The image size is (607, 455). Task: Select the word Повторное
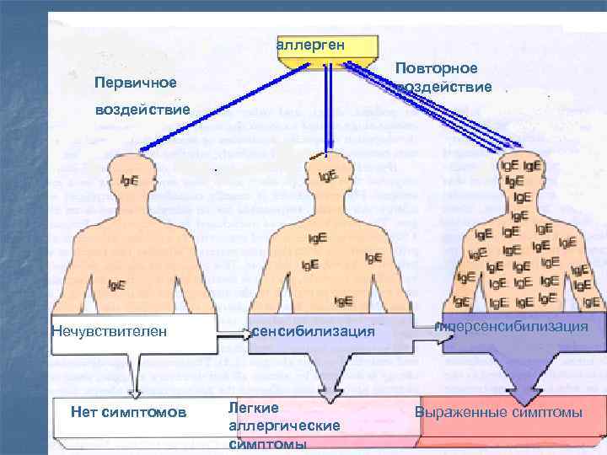click(x=436, y=67)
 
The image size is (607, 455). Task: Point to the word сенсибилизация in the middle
click(x=312, y=331)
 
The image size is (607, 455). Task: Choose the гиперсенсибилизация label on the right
click(x=511, y=326)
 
